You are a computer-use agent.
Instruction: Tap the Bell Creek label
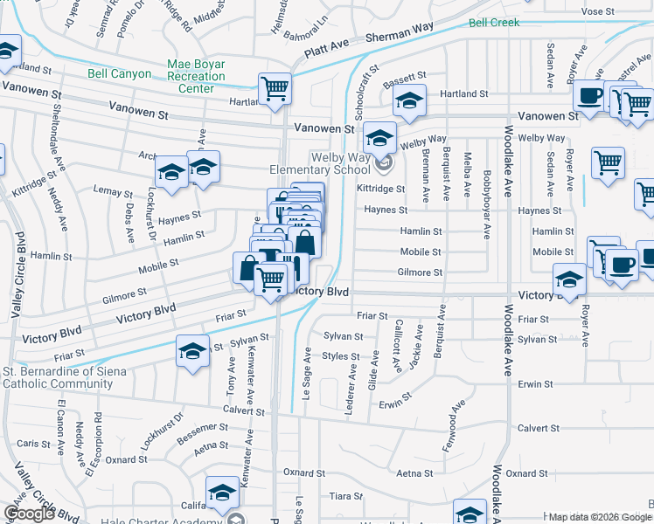(493, 23)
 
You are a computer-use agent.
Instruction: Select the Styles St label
(341, 356)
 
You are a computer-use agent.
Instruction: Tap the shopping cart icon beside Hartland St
(275, 89)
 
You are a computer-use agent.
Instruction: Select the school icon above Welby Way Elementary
(380, 136)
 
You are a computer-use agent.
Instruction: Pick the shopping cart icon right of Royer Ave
(608, 162)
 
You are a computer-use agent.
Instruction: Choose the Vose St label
(622, 11)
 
